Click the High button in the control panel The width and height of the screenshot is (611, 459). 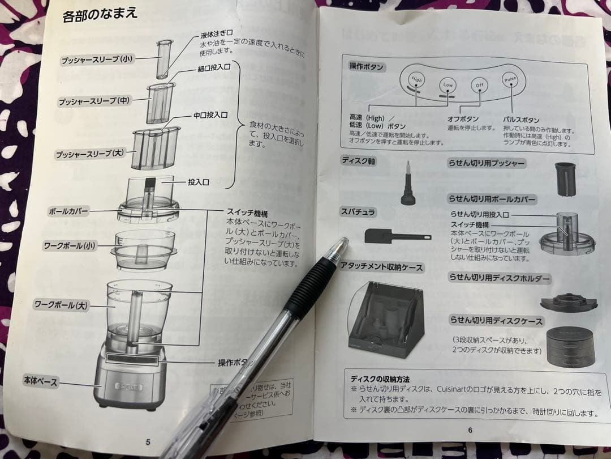[x=417, y=81]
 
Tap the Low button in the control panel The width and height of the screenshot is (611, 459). [x=448, y=85]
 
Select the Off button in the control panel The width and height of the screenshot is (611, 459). [x=479, y=85]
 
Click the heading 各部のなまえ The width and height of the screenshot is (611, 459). [x=100, y=14]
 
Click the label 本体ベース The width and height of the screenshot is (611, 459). [x=40, y=381]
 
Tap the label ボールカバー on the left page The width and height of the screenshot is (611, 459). [x=68, y=211]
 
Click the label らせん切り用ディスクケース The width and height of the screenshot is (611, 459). [x=496, y=321]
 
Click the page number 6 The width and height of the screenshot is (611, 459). [x=470, y=430]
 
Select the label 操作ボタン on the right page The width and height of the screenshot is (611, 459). [x=366, y=67]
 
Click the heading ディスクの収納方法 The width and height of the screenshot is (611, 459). [x=380, y=379]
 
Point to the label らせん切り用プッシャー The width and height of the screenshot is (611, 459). [x=487, y=164]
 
